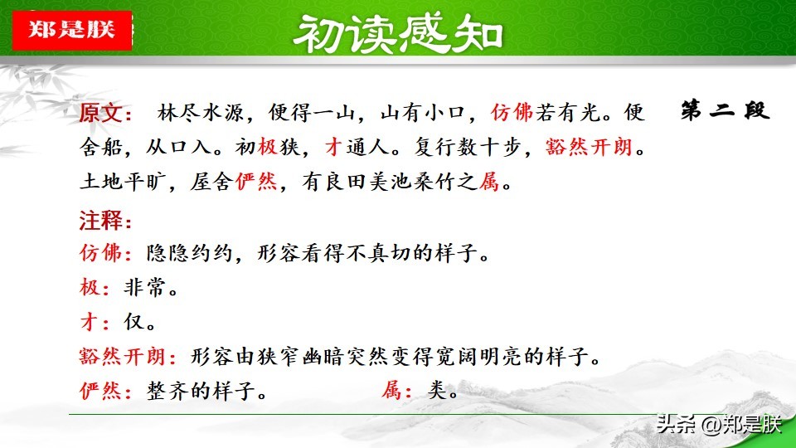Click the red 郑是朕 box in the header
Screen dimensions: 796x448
tap(72, 30)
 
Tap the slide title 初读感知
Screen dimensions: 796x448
tap(399, 33)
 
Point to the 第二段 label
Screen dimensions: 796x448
tap(725, 110)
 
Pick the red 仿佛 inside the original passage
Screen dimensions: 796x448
tap(512, 112)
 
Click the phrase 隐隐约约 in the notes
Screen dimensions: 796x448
tap(189, 252)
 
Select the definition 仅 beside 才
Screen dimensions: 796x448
tap(134, 322)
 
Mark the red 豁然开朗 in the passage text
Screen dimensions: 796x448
tap(589, 148)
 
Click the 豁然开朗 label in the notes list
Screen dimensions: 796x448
tap(123, 357)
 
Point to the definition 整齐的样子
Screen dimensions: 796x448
tap(201, 391)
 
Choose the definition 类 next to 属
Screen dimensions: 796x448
tap(437, 391)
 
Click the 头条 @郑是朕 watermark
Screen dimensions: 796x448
tap(718, 424)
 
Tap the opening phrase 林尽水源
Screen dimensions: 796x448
tap(201, 113)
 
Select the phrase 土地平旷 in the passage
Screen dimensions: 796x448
tap(123, 182)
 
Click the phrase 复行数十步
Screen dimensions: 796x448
tap(468, 148)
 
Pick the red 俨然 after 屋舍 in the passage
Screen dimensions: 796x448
tap(256, 182)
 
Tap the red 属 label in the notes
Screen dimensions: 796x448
tap(392, 391)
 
